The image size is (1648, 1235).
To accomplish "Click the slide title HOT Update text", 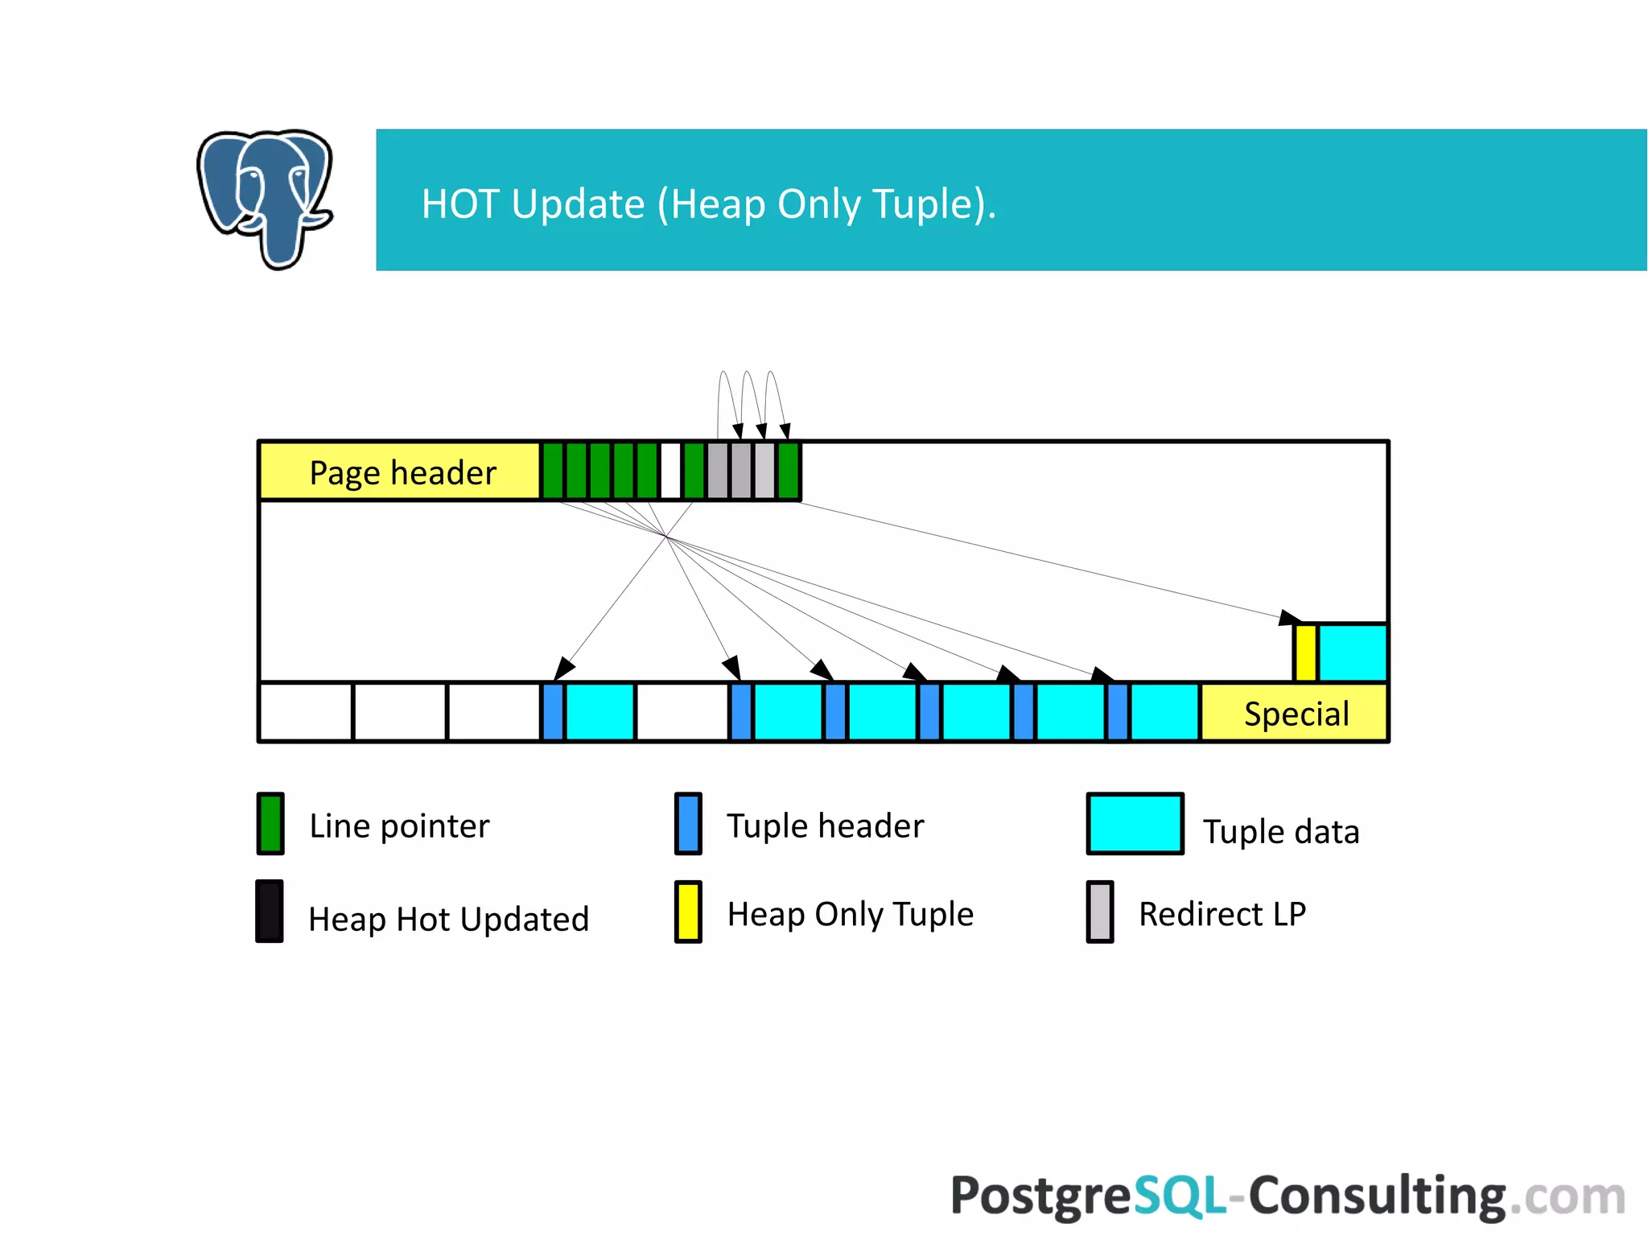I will (x=708, y=204).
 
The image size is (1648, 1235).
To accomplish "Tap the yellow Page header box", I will (x=400, y=472).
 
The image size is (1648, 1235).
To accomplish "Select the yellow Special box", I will (x=1295, y=713).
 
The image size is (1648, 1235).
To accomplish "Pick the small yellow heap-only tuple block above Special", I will (x=1305, y=652).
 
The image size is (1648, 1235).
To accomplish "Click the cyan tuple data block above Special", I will (x=1353, y=652).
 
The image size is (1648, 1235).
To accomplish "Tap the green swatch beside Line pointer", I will (x=270, y=823).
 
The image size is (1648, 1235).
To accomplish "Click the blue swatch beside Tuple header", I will (x=688, y=823).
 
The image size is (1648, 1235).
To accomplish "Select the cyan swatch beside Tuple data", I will (x=1135, y=823).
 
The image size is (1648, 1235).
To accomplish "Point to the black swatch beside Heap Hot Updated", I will (x=270, y=912).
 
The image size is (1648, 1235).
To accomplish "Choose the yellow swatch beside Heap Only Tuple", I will (x=688, y=912).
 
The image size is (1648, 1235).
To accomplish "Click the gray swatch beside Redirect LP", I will (x=1100, y=912).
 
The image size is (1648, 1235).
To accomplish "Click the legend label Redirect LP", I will (x=1222, y=914).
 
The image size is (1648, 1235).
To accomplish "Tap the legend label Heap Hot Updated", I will (x=448, y=919).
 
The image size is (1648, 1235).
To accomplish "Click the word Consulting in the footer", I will (x=1377, y=1196).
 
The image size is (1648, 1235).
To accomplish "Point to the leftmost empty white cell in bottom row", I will (x=306, y=712).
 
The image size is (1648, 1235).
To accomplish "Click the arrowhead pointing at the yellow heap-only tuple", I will (x=1288, y=618).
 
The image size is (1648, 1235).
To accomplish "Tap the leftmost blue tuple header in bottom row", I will (x=553, y=712).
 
